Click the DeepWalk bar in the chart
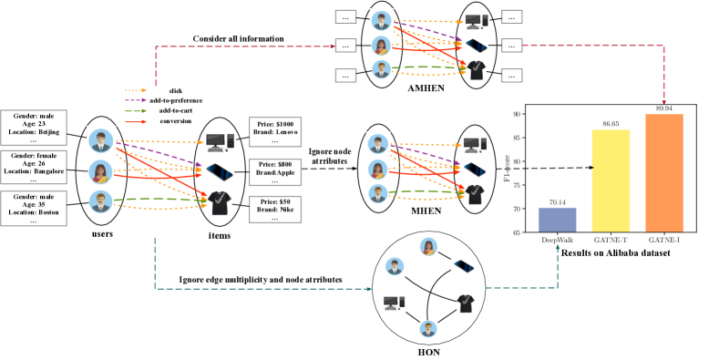pos(557,220)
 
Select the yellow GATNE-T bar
pos(611,180)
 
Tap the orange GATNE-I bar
pos(664,173)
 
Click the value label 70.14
pos(557,202)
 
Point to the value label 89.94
pos(664,108)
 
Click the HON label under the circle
pos(428,350)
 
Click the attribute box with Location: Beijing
pos(36,129)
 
